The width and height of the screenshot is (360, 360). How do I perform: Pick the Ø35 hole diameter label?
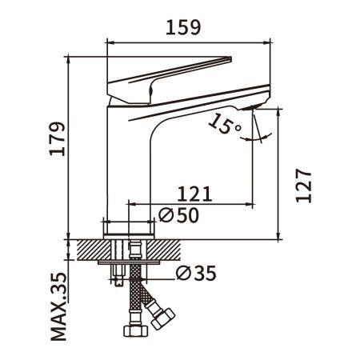[194, 274]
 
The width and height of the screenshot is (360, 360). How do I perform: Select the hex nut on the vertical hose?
[132, 330]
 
